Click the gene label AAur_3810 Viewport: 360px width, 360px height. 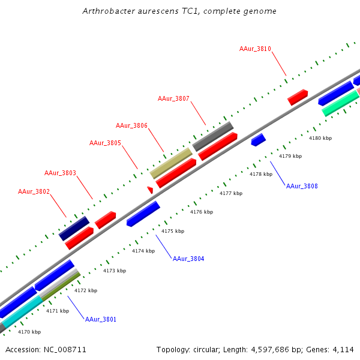click(255, 49)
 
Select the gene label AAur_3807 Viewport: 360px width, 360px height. click(173, 98)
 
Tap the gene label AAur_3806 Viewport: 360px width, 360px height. click(131, 125)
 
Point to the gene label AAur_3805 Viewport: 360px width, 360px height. click(105, 143)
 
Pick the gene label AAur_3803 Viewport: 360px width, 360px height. click(60, 173)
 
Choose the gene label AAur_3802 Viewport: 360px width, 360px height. click(34, 191)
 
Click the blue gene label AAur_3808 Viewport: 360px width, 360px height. click(302, 186)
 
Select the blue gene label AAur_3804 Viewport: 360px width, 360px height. click(188, 259)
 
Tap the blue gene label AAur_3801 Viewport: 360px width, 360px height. click(100, 319)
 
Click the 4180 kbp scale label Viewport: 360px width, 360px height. click(320, 138)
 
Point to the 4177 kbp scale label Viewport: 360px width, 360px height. click(231, 193)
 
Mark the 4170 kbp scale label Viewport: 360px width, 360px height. click(29, 332)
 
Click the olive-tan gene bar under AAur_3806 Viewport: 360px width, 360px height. click(171, 163)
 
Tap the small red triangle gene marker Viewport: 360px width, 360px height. click(150, 190)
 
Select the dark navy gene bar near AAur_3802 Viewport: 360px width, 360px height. click(74, 228)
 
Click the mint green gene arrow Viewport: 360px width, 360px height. click(340, 103)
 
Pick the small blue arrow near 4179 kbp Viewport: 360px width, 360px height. click(258, 140)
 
